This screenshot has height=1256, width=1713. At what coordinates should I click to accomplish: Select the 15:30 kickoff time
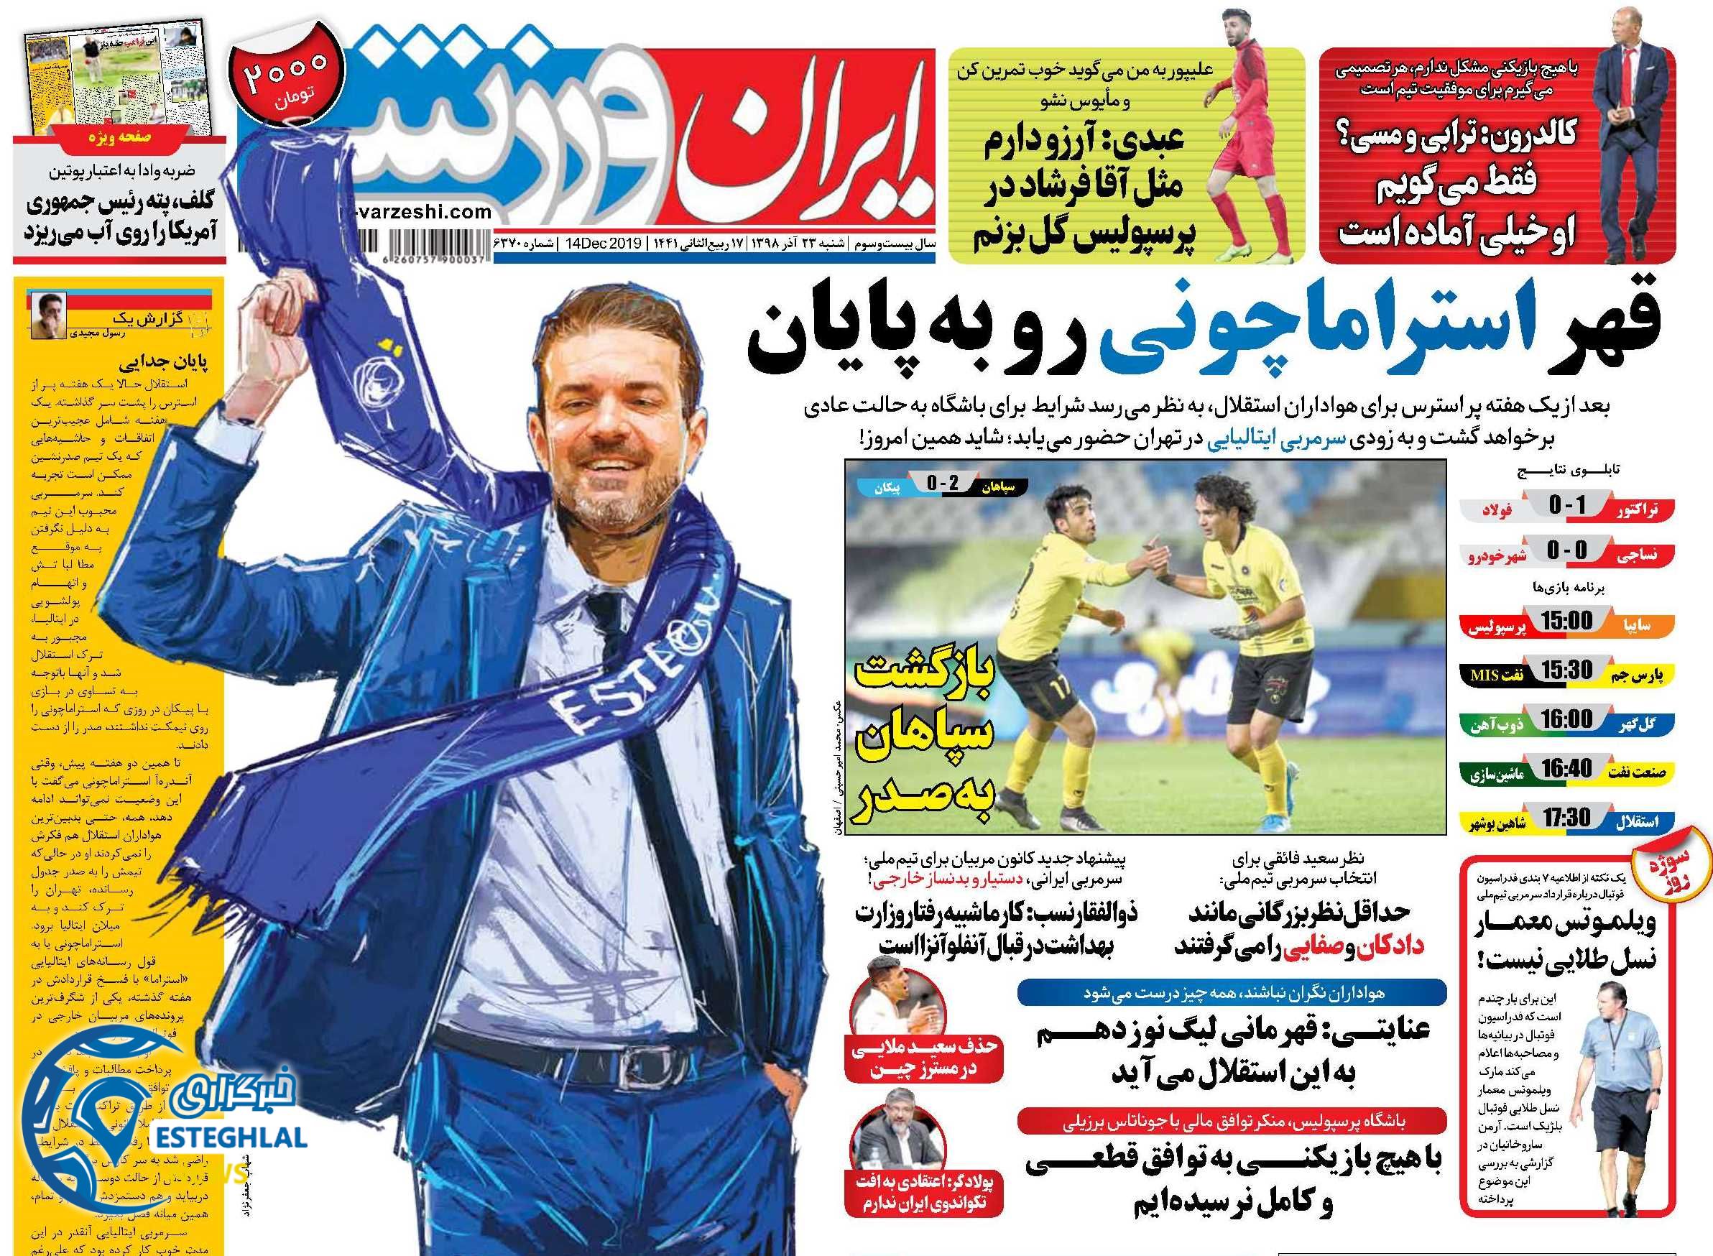tap(1566, 670)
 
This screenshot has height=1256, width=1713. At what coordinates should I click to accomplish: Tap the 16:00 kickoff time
tap(1566, 719)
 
